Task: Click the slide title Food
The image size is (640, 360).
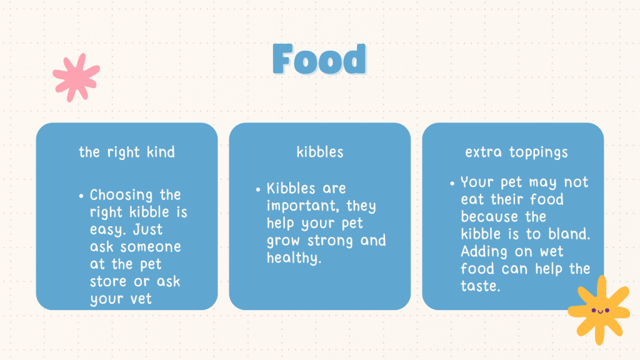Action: (319, 59)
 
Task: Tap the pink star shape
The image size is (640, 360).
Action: (76, 77)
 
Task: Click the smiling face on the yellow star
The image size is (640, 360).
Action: (600, 311)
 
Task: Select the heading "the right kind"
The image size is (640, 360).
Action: (126, 152)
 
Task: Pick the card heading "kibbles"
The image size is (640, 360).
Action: (320, 152)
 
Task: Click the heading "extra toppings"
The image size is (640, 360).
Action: (516, 152)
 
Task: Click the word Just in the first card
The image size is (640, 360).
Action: (147, 229)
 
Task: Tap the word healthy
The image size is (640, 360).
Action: (294, 258)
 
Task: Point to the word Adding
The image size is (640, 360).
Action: (484, 251)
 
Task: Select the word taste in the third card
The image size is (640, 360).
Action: (480, 286)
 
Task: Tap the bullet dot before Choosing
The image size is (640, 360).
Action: (81, 196)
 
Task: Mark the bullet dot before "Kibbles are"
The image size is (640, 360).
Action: (258, 189)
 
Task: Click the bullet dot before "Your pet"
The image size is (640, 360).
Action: (452, 183)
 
